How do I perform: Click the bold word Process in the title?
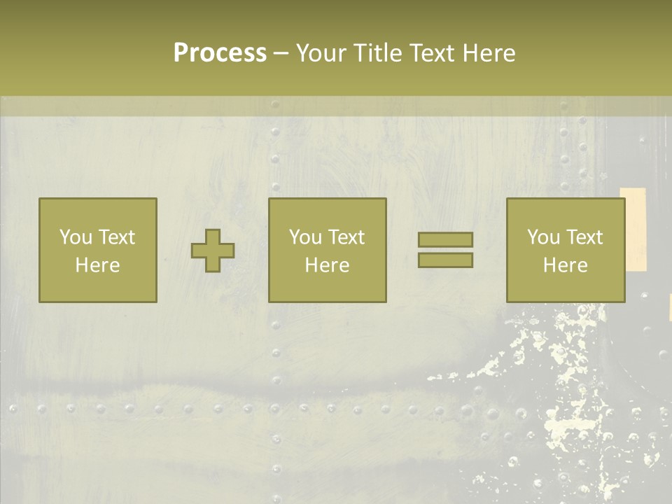coord(220,53)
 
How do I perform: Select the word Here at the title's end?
coord(489,53)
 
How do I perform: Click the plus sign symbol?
coord(213,251)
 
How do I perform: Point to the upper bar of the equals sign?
coord(445,240)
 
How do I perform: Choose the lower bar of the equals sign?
coord(445,260)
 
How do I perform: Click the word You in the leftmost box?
coord(76,237)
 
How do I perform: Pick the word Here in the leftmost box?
coord(98,265)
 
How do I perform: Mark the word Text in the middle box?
coord(346,237)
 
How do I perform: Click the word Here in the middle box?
coord(328,265)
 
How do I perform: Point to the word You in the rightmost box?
coord(543,237)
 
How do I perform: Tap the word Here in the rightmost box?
coord(566,265)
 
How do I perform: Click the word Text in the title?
coord(431,53)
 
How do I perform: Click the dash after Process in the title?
coord(281,54)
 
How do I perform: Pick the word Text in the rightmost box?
coord(584,237)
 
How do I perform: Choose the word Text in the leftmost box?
coord(116,237)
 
